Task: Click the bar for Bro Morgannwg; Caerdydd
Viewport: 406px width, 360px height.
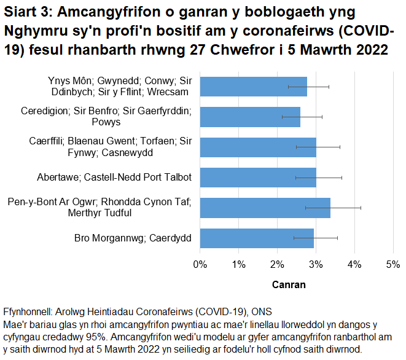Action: point(257,238)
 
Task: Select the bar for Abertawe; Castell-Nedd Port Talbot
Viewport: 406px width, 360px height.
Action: point(258,178)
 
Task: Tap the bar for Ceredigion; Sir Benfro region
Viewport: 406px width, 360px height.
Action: point(250,117)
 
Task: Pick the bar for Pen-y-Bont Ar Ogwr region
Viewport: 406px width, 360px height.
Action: point(265,208)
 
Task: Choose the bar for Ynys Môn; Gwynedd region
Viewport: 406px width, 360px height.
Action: point(253,87)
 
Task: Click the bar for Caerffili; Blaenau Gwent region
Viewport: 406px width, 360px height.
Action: point(258,147)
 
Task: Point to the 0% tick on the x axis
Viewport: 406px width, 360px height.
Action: point(200,265)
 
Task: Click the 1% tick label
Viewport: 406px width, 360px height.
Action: point(238,265)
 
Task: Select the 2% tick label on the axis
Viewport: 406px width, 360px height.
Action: point(277,265)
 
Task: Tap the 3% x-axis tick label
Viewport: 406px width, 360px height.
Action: point(316,265)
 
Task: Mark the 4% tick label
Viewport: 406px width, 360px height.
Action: point(354,265)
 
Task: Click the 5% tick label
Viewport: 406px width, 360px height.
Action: point(392,265)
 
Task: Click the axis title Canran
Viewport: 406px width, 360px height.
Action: point(288,285)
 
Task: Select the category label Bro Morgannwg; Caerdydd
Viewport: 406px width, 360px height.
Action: point(133,238)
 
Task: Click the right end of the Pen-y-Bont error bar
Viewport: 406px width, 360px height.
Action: point(361,208)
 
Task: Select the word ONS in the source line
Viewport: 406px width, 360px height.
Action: point(263,311)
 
